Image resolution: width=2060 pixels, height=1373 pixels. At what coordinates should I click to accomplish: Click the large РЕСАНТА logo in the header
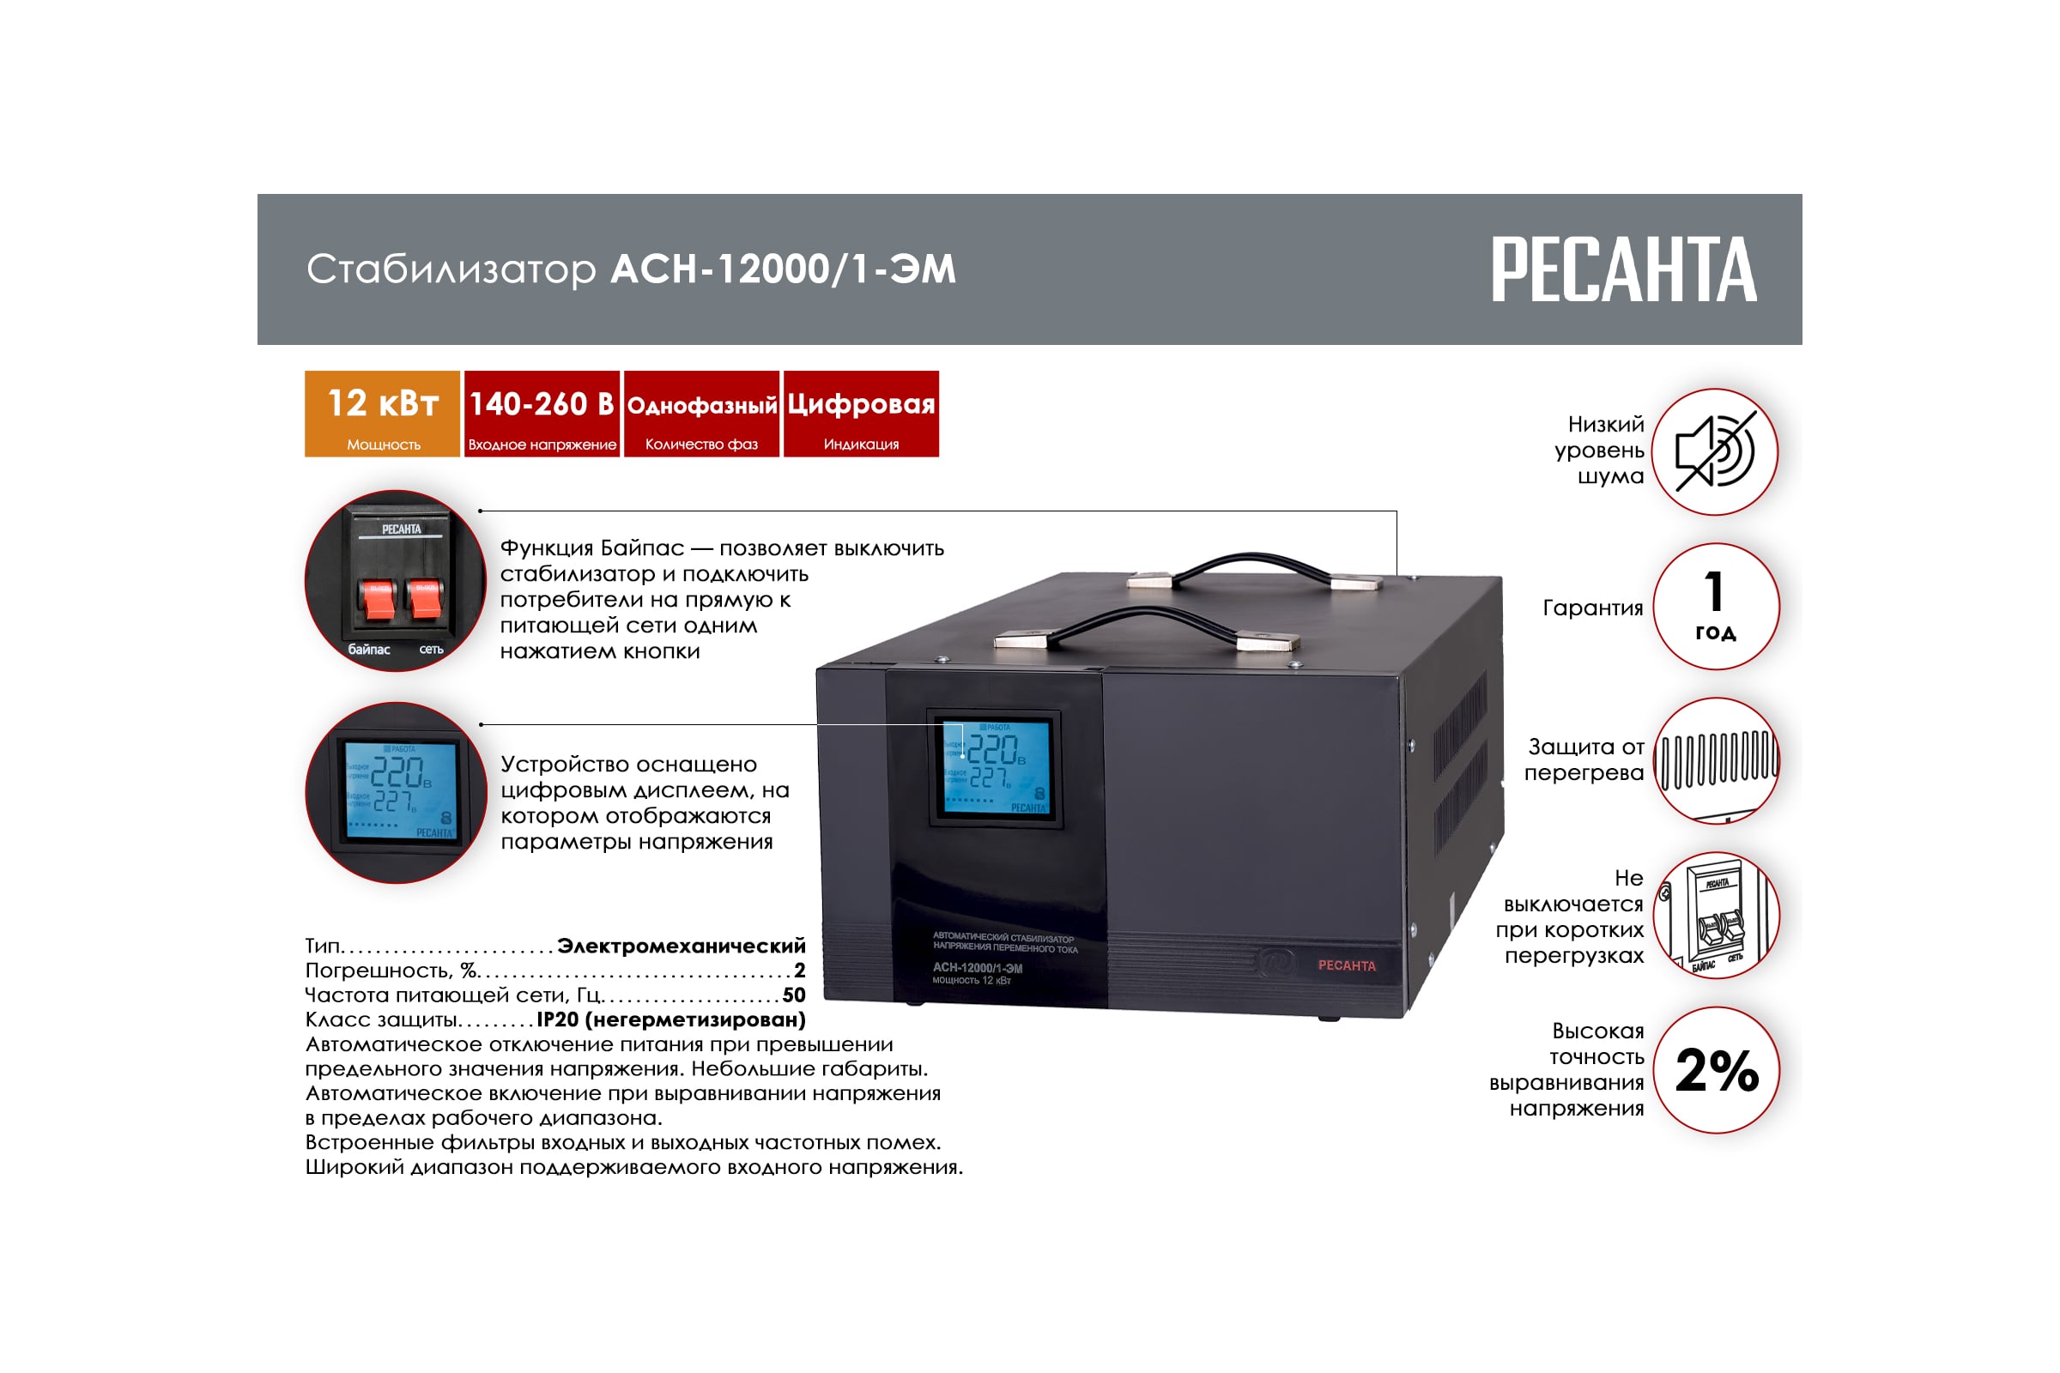click(x=1623, y=269)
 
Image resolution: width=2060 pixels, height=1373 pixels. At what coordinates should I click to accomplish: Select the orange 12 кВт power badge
click(x=382, y=414)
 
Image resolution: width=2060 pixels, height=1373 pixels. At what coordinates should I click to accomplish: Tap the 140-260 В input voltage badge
click(x=542, y=414)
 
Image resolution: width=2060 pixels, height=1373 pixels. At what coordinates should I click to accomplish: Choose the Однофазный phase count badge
click(x=700, y=414)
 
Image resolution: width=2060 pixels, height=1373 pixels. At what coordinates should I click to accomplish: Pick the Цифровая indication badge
click(x=860, y=414)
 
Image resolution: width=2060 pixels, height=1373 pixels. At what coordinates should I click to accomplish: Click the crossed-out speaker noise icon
click(x=1714, y=452)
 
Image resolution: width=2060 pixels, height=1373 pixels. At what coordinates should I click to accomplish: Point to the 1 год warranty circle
click(x=1715, y=606)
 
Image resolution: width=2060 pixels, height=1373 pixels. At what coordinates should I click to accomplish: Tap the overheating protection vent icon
click(x=1715, y=760)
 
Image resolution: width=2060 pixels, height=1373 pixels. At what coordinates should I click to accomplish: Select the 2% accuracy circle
click(x=1715, y=1069)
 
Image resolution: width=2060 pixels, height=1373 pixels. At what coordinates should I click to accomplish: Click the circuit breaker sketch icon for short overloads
click(x=1715, y=915)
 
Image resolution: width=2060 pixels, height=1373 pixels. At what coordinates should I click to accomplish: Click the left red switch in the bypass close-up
click(x=379, y=599)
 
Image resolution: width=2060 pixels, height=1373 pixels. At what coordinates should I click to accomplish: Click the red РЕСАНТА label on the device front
click(x=1346, y=965)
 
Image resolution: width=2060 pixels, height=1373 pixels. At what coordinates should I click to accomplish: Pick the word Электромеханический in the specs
click(x=681, y=946)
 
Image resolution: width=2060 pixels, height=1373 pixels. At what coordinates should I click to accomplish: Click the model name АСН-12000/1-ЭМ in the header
click(x=782, y=269)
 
